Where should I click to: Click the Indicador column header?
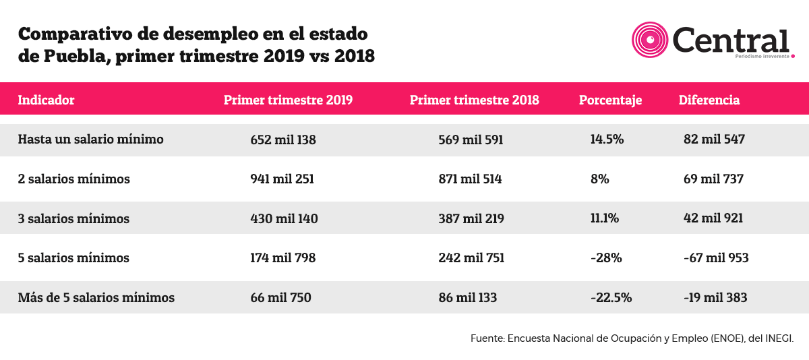46,100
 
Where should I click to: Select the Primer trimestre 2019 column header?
289,100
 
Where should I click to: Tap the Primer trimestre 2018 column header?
474,100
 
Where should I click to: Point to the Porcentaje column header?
610,100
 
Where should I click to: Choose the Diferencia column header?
709,100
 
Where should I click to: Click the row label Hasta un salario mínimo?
90,139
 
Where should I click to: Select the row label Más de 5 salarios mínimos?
96,297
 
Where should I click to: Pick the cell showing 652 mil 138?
283,140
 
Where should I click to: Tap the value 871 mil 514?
471,179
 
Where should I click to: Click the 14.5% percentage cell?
607,140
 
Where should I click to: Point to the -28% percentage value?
606,258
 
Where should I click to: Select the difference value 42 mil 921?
713,218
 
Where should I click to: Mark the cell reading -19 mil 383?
715,297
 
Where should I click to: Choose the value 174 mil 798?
283,258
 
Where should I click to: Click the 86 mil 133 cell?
468,297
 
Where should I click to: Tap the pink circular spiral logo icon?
650,40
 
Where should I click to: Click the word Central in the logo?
730,40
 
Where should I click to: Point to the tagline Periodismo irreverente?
762,57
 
